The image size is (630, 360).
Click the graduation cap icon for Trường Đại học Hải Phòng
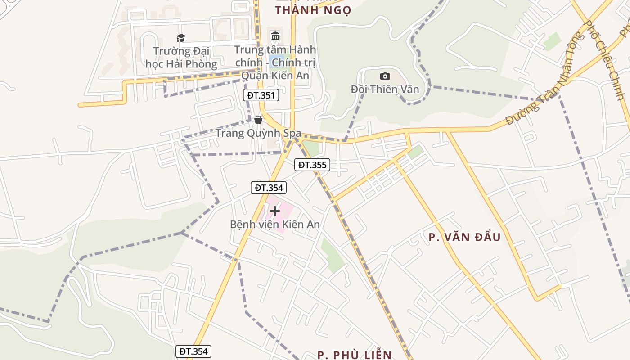181,38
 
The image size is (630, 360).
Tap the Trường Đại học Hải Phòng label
181,58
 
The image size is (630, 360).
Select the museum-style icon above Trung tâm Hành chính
275,36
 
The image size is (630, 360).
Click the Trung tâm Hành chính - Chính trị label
275,62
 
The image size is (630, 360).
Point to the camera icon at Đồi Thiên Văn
385,76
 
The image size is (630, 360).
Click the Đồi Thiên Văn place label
385,89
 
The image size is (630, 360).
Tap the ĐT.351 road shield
261,95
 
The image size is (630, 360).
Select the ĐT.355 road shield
312,165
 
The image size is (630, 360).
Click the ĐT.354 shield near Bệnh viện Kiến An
269,188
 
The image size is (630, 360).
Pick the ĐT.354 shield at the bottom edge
193,351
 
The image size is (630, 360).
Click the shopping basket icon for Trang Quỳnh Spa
258,120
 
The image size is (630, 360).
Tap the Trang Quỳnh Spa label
258,133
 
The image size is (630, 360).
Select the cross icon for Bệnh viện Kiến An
274,211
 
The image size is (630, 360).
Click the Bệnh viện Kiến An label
275,224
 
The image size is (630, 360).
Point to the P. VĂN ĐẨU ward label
465,237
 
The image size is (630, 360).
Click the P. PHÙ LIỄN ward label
355,355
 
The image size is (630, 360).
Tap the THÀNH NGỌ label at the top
313,10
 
